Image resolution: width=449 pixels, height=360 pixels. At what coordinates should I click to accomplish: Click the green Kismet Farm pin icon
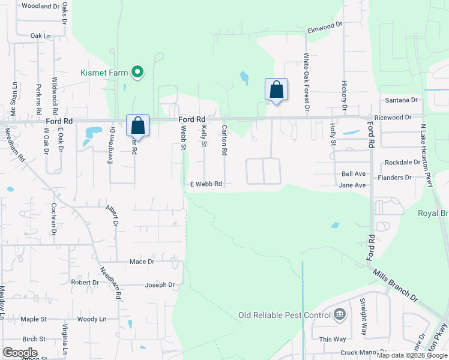click(137, 73)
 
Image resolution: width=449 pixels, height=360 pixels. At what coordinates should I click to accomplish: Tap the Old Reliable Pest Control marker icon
click(339, 314)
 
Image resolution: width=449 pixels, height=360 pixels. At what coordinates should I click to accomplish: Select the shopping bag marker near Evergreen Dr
click(137, 126)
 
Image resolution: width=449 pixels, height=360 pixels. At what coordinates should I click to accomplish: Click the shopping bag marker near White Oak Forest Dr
click(276, 90)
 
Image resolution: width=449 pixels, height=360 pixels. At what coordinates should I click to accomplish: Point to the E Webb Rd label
click(206, 184)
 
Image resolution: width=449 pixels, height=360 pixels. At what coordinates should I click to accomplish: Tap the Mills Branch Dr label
click(395, 284)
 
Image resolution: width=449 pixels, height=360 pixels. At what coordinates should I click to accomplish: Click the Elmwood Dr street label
click(324, 26)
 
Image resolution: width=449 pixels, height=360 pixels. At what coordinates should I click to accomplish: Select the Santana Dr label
click(402, 100)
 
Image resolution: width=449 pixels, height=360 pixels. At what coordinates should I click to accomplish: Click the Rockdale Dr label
click(402, 163)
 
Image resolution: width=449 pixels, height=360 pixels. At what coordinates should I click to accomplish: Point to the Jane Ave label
click(352, 185)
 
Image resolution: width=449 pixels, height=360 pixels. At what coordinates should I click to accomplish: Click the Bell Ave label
click(354, 173)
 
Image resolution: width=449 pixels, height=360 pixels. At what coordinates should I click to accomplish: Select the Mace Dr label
click(142, 262)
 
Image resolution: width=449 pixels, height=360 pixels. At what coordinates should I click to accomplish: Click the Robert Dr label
click(85, 282)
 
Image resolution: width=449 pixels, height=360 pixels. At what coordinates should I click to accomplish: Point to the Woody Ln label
click(92, 319)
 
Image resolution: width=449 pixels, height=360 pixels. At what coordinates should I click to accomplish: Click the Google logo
click(20, 353)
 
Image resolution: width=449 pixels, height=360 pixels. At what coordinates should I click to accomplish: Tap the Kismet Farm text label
click(104, 73)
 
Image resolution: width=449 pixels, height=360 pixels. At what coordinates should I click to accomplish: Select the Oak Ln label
click(40, 36)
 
